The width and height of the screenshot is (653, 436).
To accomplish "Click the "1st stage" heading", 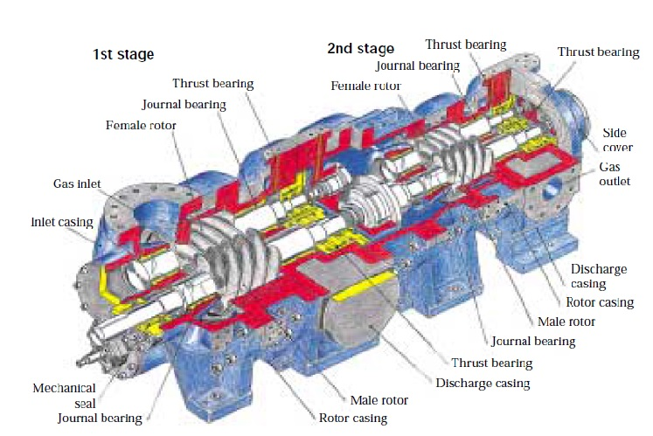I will [x=123, y=54].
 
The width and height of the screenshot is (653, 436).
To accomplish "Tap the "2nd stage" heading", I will [x=360, y=48].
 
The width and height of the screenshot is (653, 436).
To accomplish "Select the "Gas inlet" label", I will [x=76, y=184].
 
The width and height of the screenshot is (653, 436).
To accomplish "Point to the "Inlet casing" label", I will [x=62, y=221].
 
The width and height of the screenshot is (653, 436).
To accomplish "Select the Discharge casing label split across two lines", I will [x=599, y=276].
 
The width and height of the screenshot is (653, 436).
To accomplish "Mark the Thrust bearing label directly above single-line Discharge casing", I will [x=491, y=362].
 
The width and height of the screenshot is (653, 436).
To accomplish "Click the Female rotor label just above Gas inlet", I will [x=141, y=125].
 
